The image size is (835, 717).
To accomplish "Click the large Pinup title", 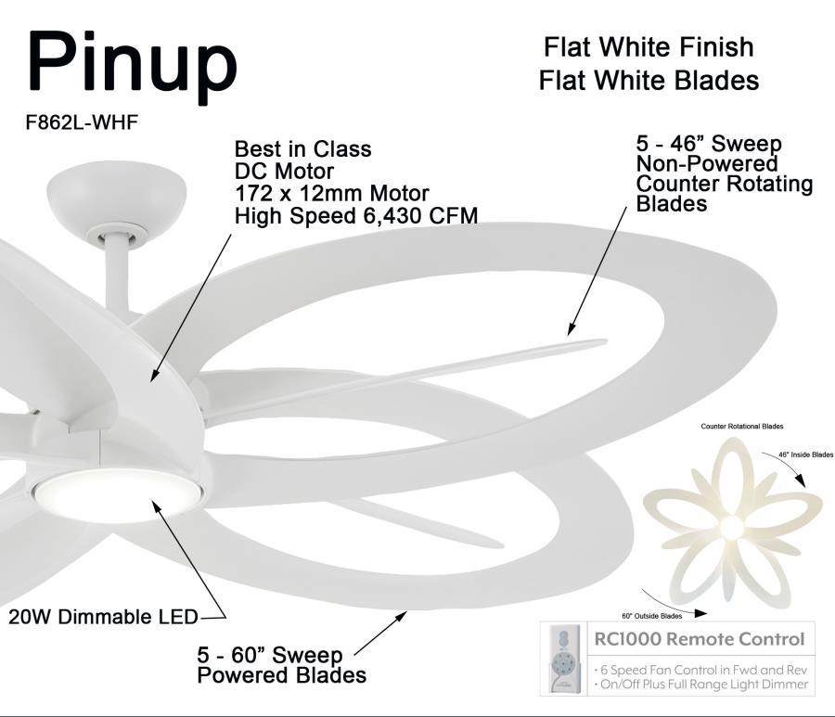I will pos(132,65).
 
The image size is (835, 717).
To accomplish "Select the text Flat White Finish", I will pos(649,46).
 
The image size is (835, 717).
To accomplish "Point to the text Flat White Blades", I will pos(649,81).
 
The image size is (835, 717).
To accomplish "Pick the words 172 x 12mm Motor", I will pos(331,194).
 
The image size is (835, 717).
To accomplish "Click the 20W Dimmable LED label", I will pos(103,617).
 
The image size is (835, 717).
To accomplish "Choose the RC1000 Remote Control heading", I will pos(698,640).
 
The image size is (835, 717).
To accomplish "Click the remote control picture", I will pos(563,659).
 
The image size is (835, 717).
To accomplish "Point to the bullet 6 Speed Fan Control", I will pos(700,670).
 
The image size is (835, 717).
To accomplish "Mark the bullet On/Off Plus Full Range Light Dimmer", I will pos(700,685).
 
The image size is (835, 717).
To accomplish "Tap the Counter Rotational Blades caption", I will pos(741,426).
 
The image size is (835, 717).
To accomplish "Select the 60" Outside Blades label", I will pos(651,615).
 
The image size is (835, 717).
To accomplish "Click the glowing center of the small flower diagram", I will pos(732,527).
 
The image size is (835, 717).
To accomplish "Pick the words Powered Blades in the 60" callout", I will pos(281,675).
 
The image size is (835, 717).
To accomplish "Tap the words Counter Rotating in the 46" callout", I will pos(724,184).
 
